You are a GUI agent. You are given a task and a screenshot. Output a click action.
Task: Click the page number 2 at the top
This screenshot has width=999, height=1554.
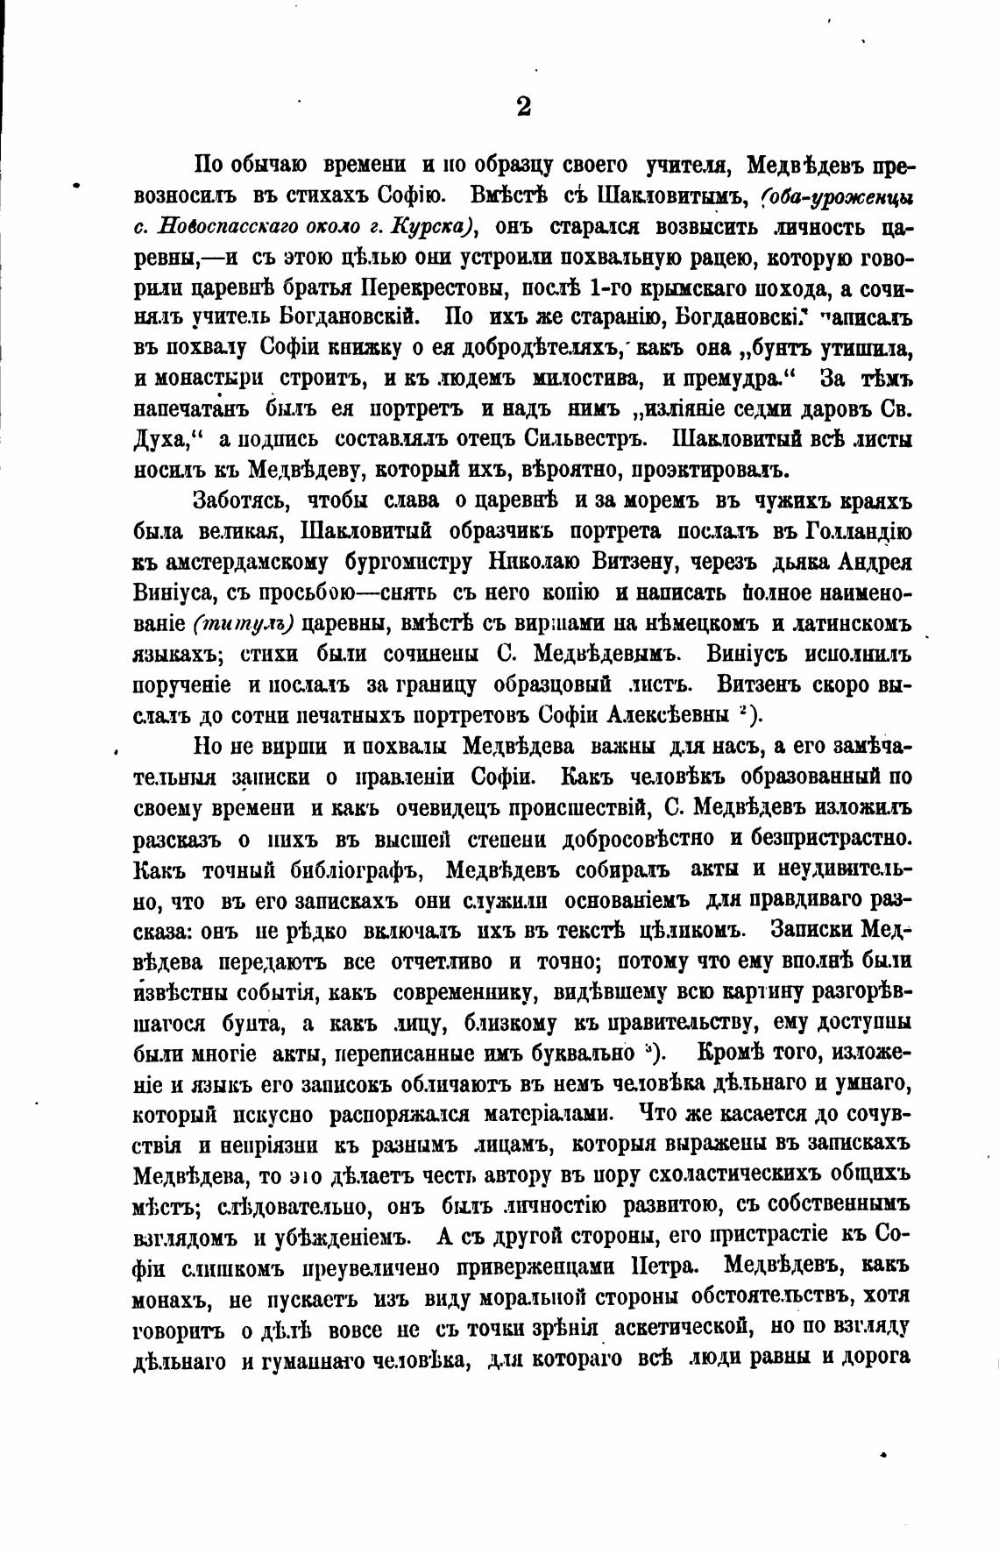523,107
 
